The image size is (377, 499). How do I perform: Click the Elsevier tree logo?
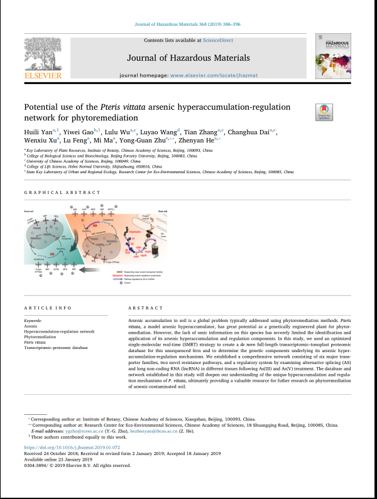point(42,55)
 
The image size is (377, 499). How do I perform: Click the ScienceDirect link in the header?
point(217,40)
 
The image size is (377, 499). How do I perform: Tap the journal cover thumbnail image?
point(332,56)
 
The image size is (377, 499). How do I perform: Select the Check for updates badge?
point(324,112)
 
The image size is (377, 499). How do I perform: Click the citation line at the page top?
point(188,25)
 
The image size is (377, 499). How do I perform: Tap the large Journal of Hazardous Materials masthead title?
point(188,58)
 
